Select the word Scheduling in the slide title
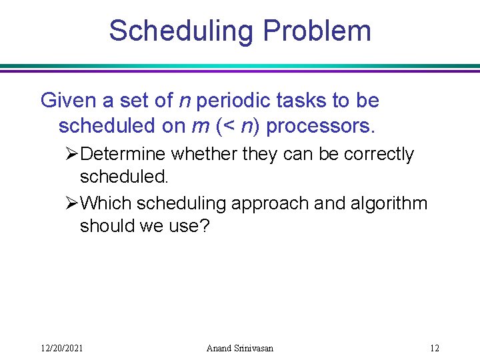point(182,31)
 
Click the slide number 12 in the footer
point(435,348)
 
